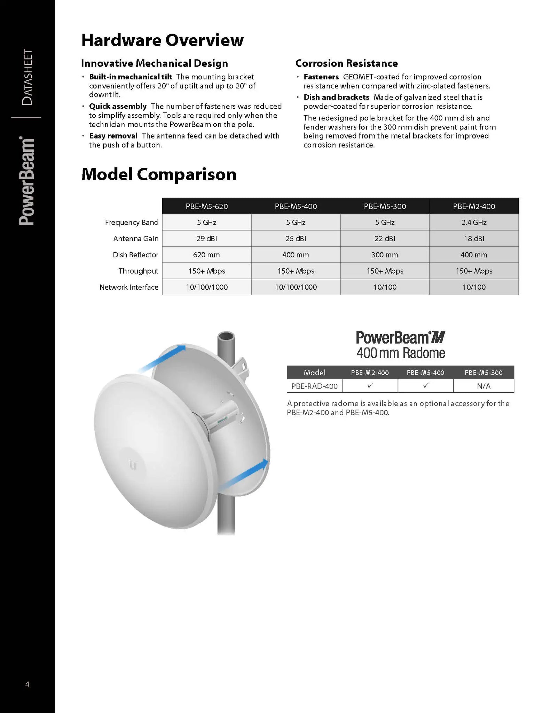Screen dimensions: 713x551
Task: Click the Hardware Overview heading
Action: [162, 40]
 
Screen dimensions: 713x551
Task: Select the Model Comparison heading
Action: [159, 174]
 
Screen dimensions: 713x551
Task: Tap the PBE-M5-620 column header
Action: [207, 206]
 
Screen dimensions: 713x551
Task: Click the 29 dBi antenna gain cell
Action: [207, 239]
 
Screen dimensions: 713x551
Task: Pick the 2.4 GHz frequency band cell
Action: [474, 222]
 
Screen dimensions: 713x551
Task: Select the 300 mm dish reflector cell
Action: [385, 255]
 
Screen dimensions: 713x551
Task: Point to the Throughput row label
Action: [138, 271]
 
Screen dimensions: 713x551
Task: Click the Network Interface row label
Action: [129, 287]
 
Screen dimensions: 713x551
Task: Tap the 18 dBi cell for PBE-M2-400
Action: [474, 239]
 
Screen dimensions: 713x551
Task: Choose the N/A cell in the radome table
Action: [483, 386]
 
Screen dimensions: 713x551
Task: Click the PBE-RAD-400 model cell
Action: [314, 386]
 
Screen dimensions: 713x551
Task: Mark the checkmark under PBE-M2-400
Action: [370, 386]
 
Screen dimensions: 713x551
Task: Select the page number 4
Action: [27, 684]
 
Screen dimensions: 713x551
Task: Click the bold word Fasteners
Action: [321, 77]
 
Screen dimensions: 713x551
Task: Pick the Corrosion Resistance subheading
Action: [346, 63]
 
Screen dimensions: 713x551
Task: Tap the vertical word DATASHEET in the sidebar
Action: [27, 77]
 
